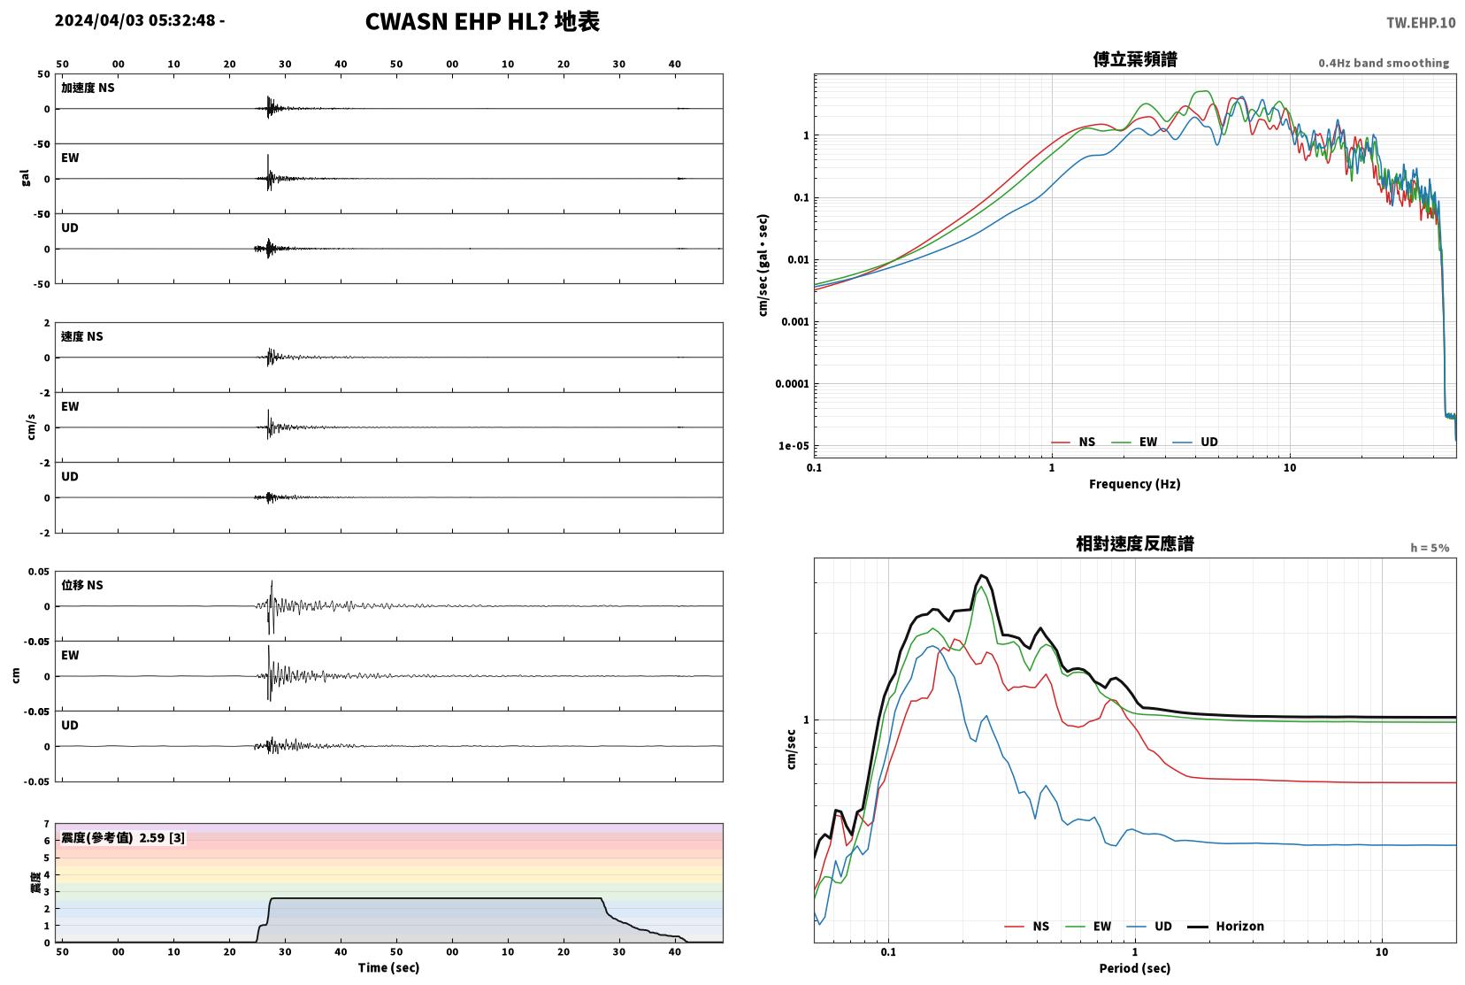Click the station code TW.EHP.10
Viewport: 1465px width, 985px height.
pyautogui.click(x=1421, y=23)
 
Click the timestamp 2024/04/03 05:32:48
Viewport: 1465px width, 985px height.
pyautogui.click(x=134, y=20)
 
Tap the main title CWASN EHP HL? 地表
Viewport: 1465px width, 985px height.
pyautogui.click(x=482, y=21)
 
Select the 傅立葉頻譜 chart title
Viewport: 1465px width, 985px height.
pyautogui.click(x=1135, y=59)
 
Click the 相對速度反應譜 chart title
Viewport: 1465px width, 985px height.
pyautogui.click(x=1135, y=543)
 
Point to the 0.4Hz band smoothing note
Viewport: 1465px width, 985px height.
pyautogui.click(x=1384, y=64)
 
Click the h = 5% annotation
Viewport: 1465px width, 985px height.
pyautogui.click(x=1429, y=548)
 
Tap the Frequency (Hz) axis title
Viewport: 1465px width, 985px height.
pyautogui.click(x=1135, y=484)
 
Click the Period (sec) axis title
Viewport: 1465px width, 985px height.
pyautogui.click(x=1135, y=968)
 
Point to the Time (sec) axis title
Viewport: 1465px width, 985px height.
pyautogui.click(x=388, y=967)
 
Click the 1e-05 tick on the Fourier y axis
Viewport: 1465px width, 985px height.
pyautogui.click(x=794, y=446)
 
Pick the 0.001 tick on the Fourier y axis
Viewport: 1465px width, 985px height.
pyautogui.click(x=794, y=322)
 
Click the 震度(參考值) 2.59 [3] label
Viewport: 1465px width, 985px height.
pyautogui.click(x=123, y=838)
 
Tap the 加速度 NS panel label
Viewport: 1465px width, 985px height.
pyautogui.click(x=88, y=88)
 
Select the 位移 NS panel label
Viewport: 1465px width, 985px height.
pyautogui.click(x=81, y=585)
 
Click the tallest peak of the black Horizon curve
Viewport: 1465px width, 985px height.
pyautogui.click(x=982, y=575)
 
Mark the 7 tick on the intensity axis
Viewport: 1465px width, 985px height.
pyautogui.click(x=46, y=824)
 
